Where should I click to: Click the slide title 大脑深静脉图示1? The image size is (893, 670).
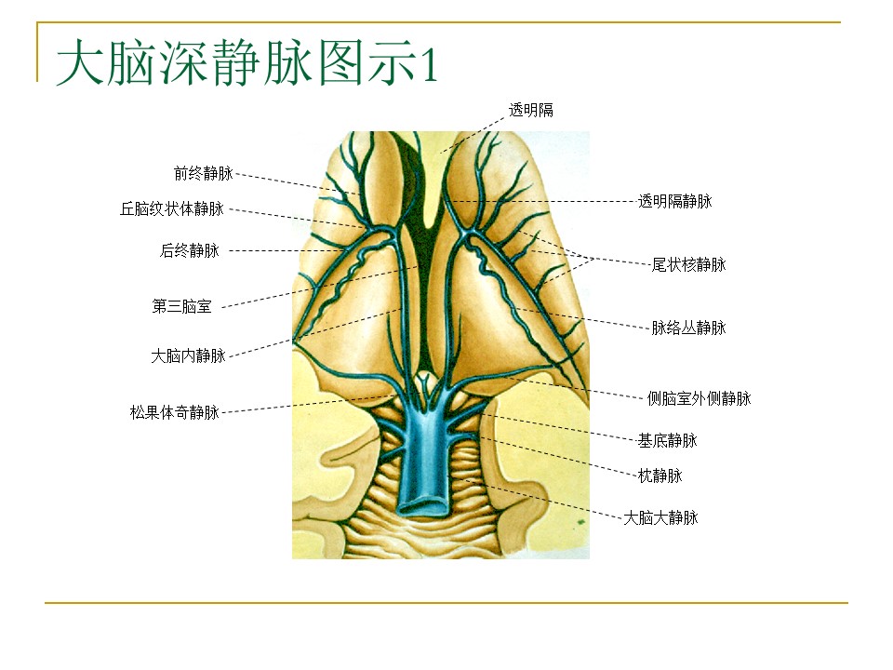tap(247, 61)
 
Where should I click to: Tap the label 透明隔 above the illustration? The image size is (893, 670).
tap(531, 110)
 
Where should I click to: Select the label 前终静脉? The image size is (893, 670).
tap(204, 173)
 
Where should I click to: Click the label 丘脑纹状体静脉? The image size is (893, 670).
tap(172, 208)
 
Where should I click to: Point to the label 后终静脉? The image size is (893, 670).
tap(190, 250)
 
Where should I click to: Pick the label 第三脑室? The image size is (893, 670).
tap(181, 306)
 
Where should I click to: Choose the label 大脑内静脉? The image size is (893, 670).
tap(188, 356)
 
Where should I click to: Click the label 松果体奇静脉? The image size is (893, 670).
tap(175, 412)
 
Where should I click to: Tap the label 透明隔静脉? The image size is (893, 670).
tap(675, 201)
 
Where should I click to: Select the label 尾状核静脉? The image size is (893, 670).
tap(688, 264)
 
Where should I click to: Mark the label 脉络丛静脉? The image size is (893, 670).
tap(688, 328)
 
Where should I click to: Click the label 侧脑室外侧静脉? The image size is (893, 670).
tap(699, 398)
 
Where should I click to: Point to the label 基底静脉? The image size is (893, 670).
tap(667, 440)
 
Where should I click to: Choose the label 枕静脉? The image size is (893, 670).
tap(660, 476)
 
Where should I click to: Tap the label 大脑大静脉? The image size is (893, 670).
tap(660, 518)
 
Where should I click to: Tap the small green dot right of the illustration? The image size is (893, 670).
tap(580, 521)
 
